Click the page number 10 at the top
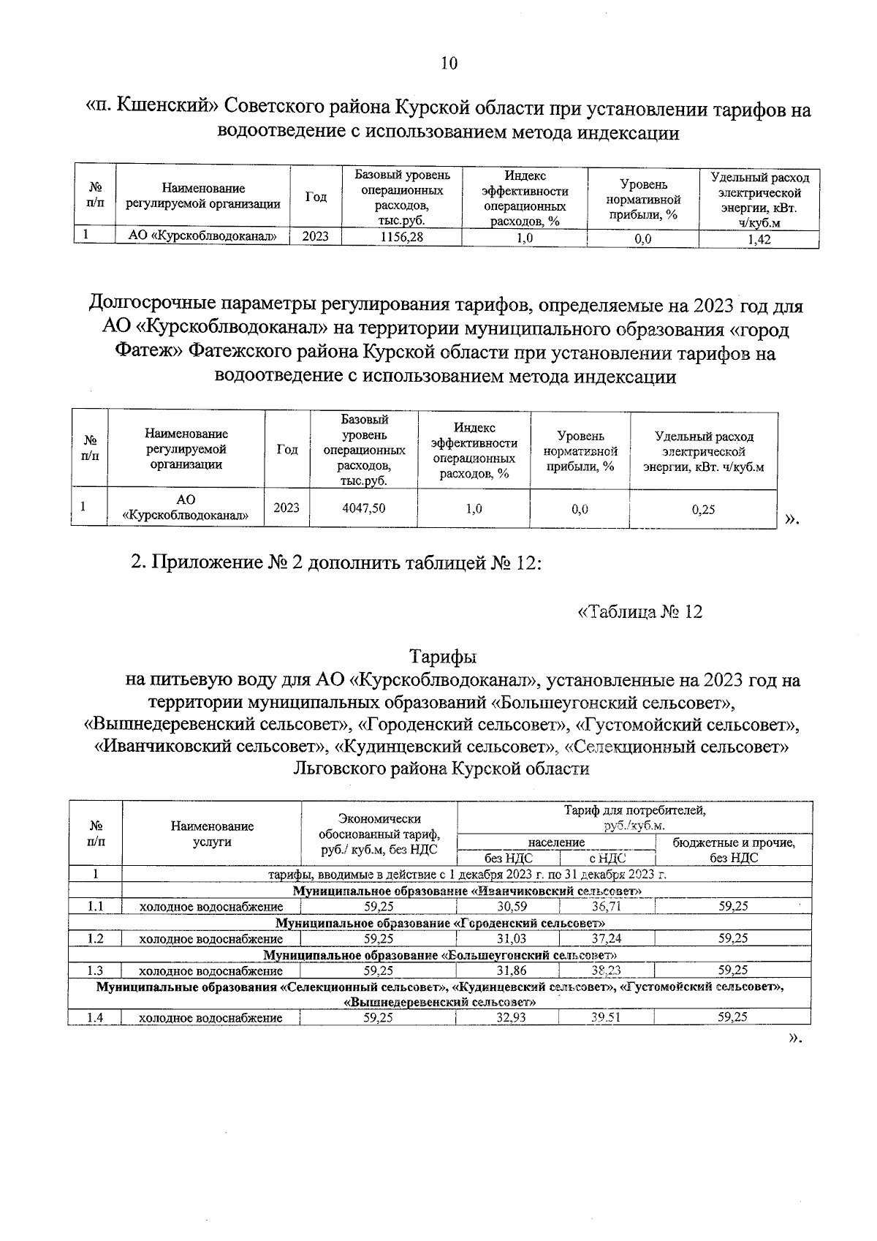(449, 64)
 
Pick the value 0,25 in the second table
(703, 510)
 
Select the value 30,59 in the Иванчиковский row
(507, 907)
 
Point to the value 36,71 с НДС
(606, 907)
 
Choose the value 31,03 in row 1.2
(507, 939)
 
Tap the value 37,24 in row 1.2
(606, 939)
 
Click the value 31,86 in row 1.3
(507, 971)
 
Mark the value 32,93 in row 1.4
(507, 1017)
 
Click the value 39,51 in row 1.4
(606, 1017)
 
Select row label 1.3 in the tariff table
(95, 971)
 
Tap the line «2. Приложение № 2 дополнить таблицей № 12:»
(336, 564)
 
